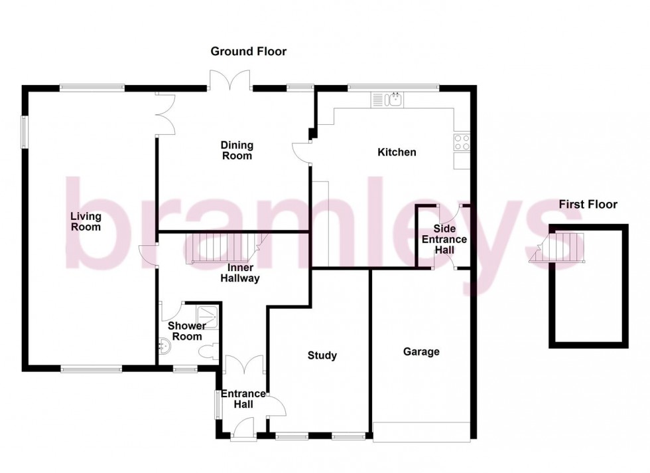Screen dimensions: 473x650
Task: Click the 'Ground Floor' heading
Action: click(248, 51)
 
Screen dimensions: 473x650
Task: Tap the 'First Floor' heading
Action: click(587, 204)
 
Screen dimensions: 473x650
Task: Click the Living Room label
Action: click(86, 221)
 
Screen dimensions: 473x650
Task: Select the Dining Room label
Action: click(237, 151)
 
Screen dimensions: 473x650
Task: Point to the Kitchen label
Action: click(397, 152)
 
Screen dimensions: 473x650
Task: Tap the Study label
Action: click(322, 355)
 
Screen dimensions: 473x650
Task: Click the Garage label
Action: click(421, 351)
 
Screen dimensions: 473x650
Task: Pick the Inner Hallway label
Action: click(243, 273)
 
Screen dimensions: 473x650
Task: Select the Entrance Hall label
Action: click(243, 399)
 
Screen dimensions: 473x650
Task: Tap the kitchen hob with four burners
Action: click(461, 142)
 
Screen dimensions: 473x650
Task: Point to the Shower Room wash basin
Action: click(164, 345)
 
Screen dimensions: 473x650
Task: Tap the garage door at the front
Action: click(421, 432)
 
